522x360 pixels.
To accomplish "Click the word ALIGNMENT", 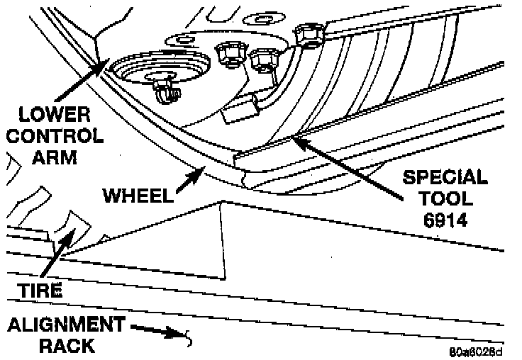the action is (65, 325).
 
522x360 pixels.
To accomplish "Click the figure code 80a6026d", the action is (476, 351).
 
